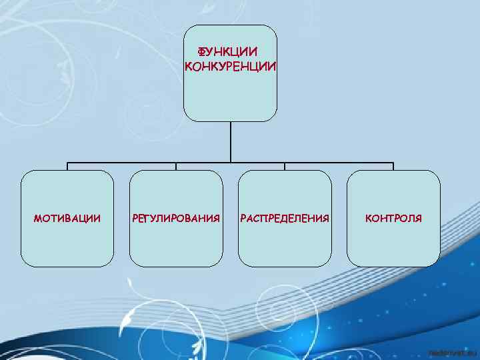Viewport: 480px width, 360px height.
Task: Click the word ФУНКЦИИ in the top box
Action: pyautogui.click(x=227, y=51)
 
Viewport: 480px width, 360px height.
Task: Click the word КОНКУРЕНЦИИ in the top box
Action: pyautogui.click(x=230, y=66)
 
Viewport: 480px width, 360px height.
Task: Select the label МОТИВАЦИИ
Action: pyautogui.click(x=67, y=218)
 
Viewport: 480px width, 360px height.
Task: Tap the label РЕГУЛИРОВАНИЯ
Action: pyautogui.click(x=176, y=218)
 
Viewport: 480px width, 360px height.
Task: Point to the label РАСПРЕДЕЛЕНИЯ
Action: pyautogui.click(x=285, y=218)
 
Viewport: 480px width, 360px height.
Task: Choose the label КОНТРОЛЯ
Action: pyautogui.click(x=393, y=218)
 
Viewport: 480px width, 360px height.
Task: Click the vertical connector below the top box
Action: pyautogui.click(x=230, y=141)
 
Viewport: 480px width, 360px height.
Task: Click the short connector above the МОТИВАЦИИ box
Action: pyautogui.click(x=67, y=167)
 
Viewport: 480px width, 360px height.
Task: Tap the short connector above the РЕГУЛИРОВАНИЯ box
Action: pyautogui.click(x=176, y=167)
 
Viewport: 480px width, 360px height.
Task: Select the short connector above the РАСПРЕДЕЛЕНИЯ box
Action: pyautogui.click(x=285, y=167)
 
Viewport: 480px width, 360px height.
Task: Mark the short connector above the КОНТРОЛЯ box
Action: pyautogui.click(x=393, y=167)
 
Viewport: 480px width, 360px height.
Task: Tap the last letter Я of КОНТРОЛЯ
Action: pyautogui.click(x=418, y=218)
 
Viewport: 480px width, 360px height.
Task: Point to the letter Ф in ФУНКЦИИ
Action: pyautogui.click(x=201, y=51)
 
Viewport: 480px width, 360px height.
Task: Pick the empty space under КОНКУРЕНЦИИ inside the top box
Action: pyautogui.click(x=230, y=97)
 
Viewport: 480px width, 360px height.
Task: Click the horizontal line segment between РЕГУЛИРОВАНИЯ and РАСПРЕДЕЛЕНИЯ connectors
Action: pyautogui.click(x=230, y=163)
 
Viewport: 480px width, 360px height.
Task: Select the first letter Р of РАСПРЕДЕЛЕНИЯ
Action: pyautogui.click(x=243, y=218)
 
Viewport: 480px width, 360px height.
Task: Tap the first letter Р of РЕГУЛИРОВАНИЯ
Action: pyautogui.click(x=135, y=218)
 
